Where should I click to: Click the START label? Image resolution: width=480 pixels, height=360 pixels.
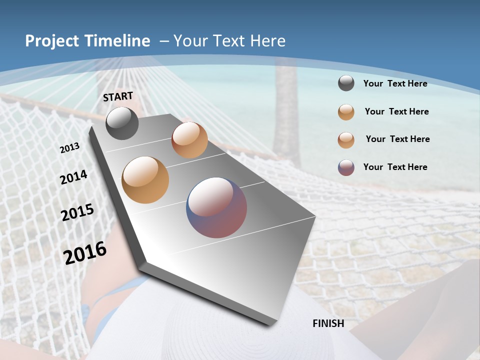118,96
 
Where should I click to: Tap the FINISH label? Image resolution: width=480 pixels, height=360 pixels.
328,323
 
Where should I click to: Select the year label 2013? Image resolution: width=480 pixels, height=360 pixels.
70,147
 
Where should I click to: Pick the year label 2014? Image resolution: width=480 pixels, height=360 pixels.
73,177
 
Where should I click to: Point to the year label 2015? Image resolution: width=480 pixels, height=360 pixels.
77,212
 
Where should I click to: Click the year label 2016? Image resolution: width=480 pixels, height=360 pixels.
85,252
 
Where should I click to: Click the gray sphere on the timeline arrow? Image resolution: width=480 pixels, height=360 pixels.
122,123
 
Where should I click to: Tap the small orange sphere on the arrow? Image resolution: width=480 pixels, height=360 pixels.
189,140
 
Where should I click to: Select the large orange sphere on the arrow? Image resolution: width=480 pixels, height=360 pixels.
145,180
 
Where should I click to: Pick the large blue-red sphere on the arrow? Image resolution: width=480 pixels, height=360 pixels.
216,207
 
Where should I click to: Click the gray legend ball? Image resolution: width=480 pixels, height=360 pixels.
346,83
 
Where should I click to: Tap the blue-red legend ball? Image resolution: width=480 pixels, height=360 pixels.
346,167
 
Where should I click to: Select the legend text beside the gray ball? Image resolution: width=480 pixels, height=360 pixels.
395,83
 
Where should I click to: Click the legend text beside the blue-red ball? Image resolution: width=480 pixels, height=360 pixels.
395,167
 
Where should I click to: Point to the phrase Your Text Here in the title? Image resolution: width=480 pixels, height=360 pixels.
229,41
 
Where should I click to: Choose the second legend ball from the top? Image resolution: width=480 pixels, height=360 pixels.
346,112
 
